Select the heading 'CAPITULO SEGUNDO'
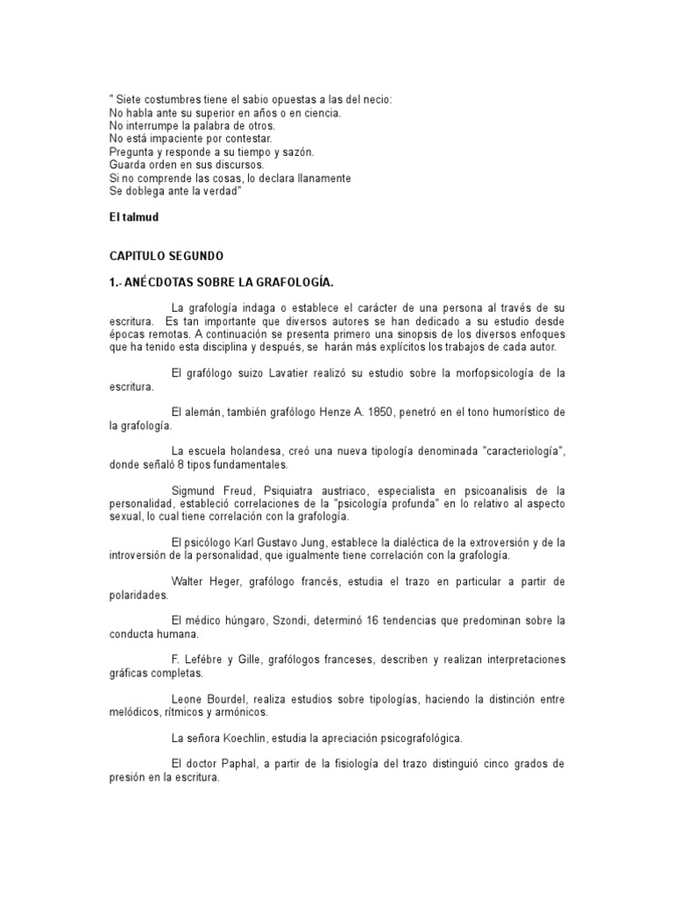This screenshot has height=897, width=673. coord(166,256)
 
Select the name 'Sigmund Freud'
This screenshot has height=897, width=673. coord(207,491)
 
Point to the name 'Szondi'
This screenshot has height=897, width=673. coord(289,620)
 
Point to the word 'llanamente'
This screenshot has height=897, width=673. coord(321,178)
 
